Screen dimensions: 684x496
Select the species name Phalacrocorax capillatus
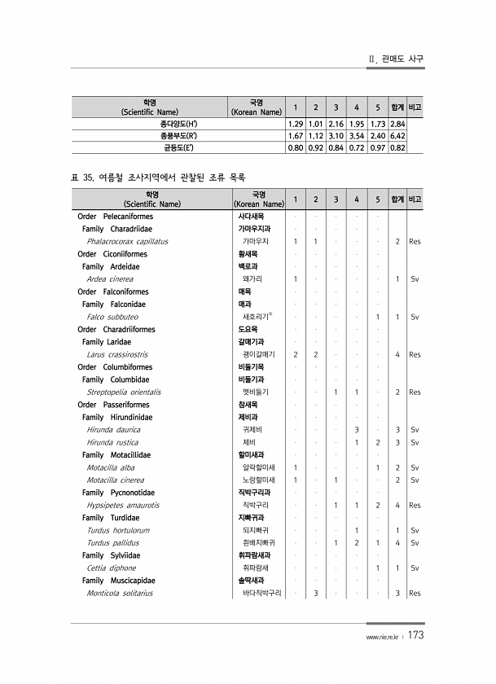tap(127, 242)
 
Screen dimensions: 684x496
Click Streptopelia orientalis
tap(123, 392)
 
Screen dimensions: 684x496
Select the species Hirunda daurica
tap(112, 429)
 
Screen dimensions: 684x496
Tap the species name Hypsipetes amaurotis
tap(122, 505)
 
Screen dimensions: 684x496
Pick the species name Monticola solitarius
tap(120, 594)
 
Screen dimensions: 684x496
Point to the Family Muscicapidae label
tap(119, 581)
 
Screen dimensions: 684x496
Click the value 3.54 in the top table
tap(356, 135)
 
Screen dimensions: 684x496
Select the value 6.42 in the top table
tap(397, 135)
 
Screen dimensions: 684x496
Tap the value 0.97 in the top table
tap(377, 147)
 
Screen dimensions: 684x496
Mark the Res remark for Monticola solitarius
tap(415, 594)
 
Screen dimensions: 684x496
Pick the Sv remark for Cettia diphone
tap(415, 568)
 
